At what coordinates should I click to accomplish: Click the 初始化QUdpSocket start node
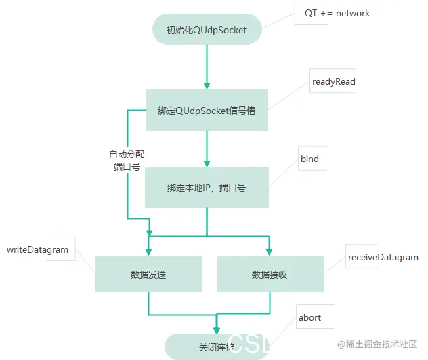tap(206, 29)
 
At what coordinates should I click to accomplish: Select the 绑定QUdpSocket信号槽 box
tap(207, 110)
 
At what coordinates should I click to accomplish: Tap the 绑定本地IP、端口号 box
tap(207, 187)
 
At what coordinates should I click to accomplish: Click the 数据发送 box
tap(148, 275)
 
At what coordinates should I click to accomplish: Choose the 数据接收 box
tap(269, 275)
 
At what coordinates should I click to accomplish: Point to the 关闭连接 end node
tap(216, 347)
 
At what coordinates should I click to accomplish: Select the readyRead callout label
tap(333, 81)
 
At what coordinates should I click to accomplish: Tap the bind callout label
tap(309, 159)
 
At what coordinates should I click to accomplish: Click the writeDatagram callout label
tap(38, 249)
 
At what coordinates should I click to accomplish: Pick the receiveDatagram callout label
tap(383, 257)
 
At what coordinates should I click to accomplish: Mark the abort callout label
tap(309, 317)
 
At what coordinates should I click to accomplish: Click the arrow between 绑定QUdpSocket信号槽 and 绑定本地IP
tap(206, 148)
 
